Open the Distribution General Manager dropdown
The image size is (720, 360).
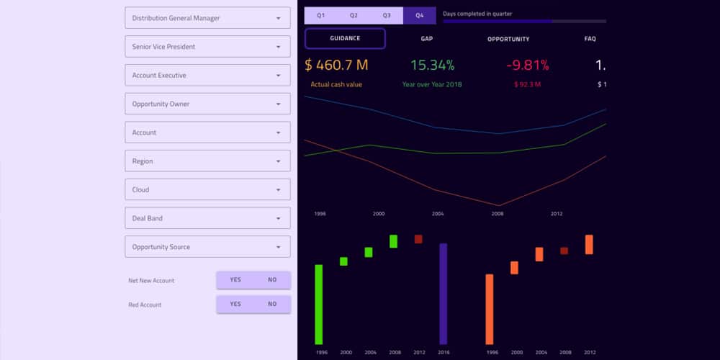click(x=207, y=18)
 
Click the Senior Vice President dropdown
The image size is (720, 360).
click(x=207, y=47)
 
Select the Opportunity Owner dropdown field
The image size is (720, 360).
click(x=207, y=104)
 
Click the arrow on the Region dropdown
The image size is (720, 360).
click(x=279, y=161)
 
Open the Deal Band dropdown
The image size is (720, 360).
click(x=207, y=218)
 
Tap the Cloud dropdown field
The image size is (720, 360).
click(x=207, y=189)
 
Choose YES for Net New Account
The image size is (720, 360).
click(x=235, y=280)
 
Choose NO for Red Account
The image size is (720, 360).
click(x=272, y=305)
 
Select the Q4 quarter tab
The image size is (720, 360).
click(x=420, y=15)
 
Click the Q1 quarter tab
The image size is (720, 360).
click(x=321, y=15)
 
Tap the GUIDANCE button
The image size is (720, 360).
click(x=345, y=38)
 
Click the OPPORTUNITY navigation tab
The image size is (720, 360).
click(x=508, y=39)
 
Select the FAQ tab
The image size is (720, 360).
click(x=590, y=39)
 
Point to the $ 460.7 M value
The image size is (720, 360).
click(x=336, y=65)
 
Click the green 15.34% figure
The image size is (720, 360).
click(x=432, y=65)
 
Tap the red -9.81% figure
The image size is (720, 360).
click(x=528, y=65)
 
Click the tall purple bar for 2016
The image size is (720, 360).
click(x=444, y=293)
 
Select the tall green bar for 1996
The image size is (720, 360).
click(x=319, y=304)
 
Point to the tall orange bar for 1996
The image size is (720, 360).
click(x=490, y=309)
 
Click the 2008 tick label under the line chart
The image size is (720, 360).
click(x=497, y=214)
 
